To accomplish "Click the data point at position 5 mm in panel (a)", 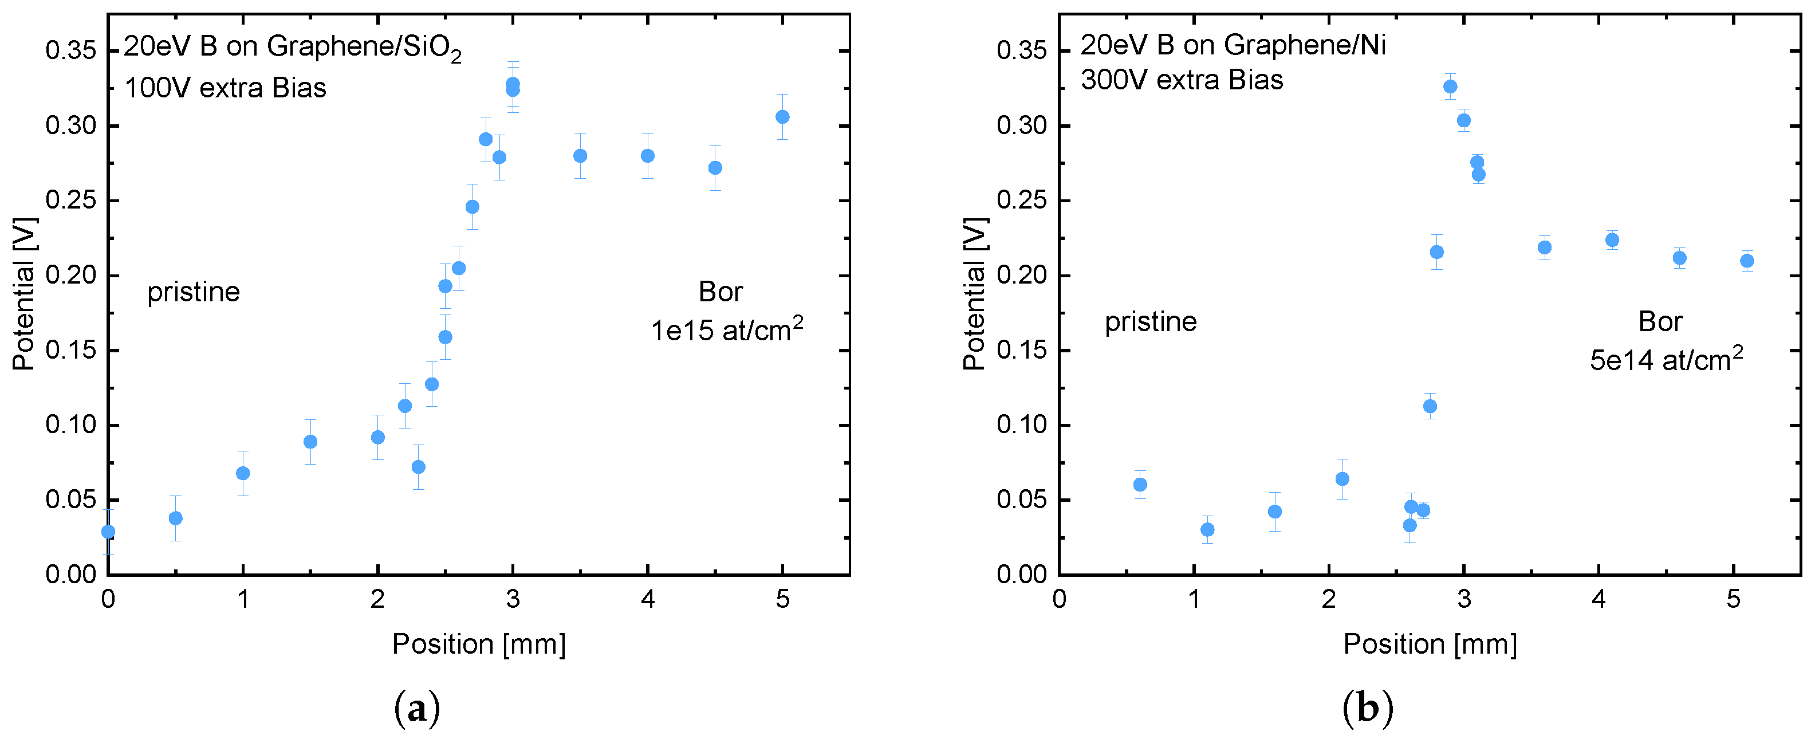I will pyautogui.click(x=782, y=117).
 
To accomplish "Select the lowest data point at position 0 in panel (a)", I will pyautogui.click(x=108, y=531).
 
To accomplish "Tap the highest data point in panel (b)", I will pyautogui.click(x=1450, y=87).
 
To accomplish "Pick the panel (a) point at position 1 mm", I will pyautogui.click(x=242, y=473).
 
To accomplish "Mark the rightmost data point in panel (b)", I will pyautogui.click(x=1747, y=261).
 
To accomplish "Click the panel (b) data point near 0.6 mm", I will pyautogui.click(x=1140, y=485).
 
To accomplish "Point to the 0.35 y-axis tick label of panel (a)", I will pyautogui.click(x=70, y=51).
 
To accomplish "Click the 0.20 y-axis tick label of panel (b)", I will pyautogui.click(x=1022, y=276).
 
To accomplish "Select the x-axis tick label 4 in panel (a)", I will pyautogui.click(x=648, y=600).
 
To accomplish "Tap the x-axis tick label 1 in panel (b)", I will pyautogui.click(x=1194, y=600).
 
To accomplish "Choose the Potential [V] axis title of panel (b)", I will pyautogui.click(x=974, y=293).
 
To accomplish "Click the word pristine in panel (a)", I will pyautogui.click(x=193, y=292).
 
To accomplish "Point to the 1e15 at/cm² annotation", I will pyautogui.click(x=726, y=329).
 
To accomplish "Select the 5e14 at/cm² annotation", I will pyautogui.click(x=1666, y=359).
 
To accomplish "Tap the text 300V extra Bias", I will pyautogui.click(x=1182, y=80).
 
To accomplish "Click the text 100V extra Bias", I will pyautogui.click(x=225, y=88).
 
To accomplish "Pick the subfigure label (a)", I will pyautogui.click(x=417, y=708).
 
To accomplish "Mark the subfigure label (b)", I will pyautogui.click(x=1368, y=708).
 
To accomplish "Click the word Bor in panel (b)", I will pyautogui.click(x=1660, y=321).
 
